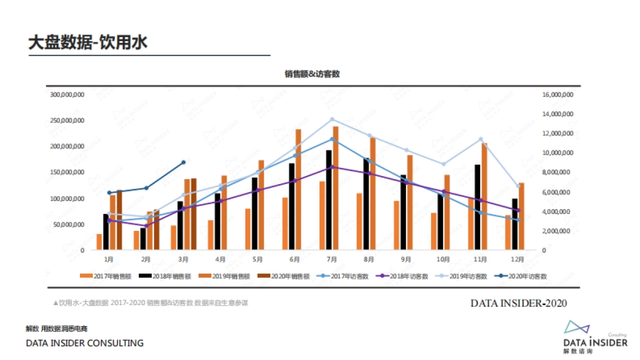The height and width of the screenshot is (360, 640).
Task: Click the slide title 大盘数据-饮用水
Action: (x=87, y=43)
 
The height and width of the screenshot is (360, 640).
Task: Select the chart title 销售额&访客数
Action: (x=312, y=74)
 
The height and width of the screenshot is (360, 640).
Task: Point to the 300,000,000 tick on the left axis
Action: (x=67, y=94)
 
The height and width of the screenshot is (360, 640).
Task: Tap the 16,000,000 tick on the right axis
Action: (x=557, y=94)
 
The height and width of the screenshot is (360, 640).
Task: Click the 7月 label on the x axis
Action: (x=332, y=260)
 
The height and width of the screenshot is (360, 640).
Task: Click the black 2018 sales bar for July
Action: (x=329, y=200)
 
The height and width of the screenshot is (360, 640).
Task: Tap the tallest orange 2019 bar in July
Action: (x=335, y=188)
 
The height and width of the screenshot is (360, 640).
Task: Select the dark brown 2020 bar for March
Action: (x=194, y=213)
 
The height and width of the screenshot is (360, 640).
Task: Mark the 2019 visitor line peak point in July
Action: (x=332, y=119)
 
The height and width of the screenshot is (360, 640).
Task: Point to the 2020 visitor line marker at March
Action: (x=183, y=162)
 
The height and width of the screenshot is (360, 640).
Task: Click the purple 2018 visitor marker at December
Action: (x=518, y=211)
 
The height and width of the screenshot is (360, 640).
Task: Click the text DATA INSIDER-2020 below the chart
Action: (x=518, y=303)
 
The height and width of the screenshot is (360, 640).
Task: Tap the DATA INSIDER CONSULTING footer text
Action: (x=85, y=343)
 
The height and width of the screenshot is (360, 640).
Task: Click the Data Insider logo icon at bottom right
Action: (x=577, y=326)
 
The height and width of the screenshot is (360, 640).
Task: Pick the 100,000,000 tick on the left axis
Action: (x=67, y=198)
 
